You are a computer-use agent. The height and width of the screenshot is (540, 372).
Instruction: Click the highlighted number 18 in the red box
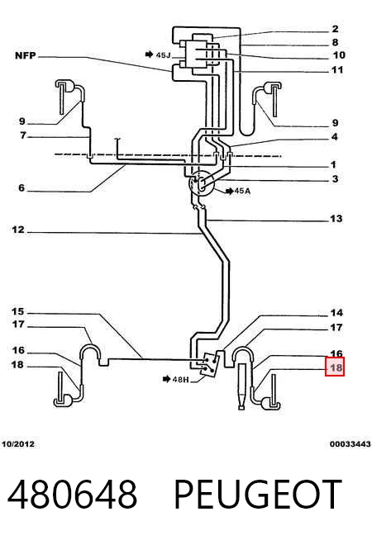335,367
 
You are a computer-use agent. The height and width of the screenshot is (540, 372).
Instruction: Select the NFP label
26,55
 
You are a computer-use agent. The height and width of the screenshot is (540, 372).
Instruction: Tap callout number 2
335,29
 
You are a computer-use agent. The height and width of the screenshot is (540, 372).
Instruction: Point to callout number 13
336,218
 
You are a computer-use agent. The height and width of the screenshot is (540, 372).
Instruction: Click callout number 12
18,230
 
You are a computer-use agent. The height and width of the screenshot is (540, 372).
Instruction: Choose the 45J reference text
163,54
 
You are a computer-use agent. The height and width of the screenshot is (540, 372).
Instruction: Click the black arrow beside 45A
229,191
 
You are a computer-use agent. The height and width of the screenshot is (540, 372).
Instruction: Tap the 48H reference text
180,379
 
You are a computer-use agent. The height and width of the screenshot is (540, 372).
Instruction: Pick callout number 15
18,311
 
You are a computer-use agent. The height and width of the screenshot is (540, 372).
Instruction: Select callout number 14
336,312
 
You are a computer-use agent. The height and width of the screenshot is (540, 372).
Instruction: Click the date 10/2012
18,444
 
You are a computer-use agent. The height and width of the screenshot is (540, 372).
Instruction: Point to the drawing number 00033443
350,444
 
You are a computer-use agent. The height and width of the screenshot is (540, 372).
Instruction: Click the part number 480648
73,494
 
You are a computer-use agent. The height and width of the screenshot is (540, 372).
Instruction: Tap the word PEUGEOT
258,494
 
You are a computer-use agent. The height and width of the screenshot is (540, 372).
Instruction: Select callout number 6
21,187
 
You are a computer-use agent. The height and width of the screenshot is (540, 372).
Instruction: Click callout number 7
23,135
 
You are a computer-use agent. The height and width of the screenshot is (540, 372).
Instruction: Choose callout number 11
337,69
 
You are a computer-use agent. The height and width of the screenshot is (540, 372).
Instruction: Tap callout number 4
335,137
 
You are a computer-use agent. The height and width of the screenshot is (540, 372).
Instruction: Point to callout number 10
339,54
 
